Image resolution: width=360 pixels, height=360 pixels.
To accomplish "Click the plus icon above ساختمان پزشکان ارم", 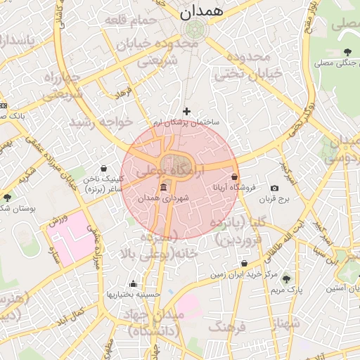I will click(186, 111).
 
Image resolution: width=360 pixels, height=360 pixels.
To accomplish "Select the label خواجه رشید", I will click(101, 122).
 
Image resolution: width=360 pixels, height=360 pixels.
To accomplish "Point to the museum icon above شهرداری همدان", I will click(164, 187).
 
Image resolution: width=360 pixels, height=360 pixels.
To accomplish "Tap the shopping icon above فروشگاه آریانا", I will click(234, 177).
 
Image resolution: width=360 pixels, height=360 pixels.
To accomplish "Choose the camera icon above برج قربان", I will click(274, 188).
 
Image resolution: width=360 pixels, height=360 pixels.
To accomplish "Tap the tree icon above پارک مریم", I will click(285, 278).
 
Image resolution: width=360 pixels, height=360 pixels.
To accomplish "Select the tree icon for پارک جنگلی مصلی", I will click(348, 52).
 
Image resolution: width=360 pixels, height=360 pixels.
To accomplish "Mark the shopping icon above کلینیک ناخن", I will click(104, 169).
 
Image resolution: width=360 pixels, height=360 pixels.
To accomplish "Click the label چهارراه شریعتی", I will click(63, 85).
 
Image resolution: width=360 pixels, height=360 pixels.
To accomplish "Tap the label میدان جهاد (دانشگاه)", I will click(162, 321).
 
